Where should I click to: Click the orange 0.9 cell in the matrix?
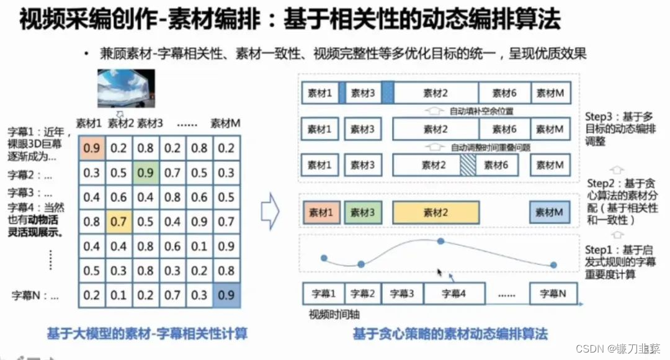click(x=91, y=148)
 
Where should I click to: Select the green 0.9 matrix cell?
click(x=145, y=173)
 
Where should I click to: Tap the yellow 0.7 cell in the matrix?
click(x=118, y=222)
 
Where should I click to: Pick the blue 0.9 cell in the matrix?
click(x=226, y=295)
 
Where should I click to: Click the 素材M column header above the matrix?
click(x=225, y=124)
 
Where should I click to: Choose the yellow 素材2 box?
click(x=435, y=212)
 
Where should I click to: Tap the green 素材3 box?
click(x=363, y=212)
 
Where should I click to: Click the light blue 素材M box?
click(x=550, y=212)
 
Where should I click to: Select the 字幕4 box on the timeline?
click(x=453, y=294)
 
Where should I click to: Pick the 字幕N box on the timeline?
click(x=553, y=294)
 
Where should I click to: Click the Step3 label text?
click(x=620, y=129)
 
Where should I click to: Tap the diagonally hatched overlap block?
click(x=468, y=165)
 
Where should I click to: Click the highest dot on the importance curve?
click(x=440, y=241)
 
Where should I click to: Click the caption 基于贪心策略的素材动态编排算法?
click(x=450, y=334)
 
